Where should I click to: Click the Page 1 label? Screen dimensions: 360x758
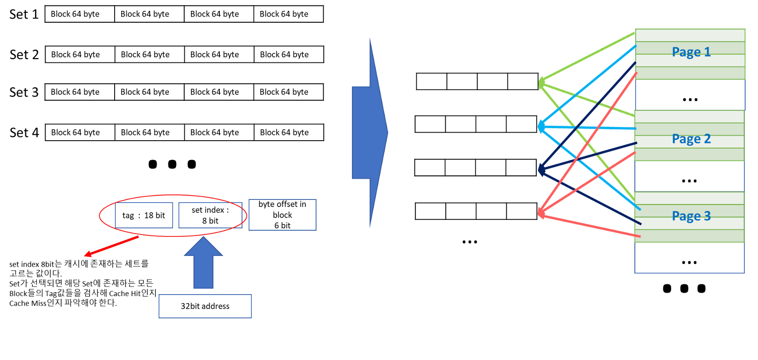(691, 52)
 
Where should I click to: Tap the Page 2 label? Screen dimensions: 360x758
(691, 139)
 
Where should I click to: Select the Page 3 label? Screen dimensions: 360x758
(691, 216)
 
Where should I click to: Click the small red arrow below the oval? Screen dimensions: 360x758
(111, 247)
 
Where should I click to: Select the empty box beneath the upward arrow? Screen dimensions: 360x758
(205, 306)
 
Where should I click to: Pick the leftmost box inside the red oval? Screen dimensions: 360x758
(144, 215)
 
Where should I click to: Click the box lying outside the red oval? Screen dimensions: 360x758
(282, 215)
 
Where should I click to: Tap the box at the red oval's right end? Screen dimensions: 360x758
(210, 215)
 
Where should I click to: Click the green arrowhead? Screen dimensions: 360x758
(541, 84)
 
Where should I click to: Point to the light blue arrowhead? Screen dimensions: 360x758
(541, 126)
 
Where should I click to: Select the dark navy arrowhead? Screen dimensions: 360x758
(541, 169)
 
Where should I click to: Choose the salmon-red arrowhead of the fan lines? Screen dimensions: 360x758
(541, 214)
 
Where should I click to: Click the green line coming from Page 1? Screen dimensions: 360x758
(587, 58)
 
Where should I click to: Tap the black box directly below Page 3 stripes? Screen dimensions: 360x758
(689, 258)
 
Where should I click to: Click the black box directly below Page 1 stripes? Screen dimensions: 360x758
(690, 95)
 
